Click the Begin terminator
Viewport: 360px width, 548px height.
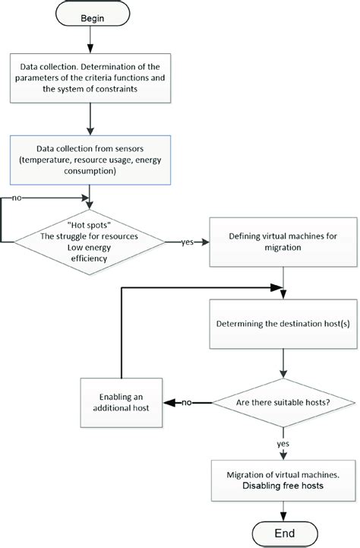click(93, 14)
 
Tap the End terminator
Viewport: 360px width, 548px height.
click(285, 534)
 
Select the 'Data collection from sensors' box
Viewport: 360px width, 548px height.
click(90, 160)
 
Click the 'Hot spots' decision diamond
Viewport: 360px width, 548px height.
click(90, 242)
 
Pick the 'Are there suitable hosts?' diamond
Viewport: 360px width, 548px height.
click(283, 403)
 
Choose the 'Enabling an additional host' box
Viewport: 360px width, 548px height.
click(122, 403)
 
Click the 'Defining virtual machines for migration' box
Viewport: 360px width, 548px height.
click(283, 242)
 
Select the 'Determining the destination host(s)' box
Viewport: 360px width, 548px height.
click(283, 324)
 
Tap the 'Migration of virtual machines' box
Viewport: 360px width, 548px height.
click(283, 480)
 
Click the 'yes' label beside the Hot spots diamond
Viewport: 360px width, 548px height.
click(188, 242)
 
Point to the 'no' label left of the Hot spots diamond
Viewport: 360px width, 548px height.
click(17, 198)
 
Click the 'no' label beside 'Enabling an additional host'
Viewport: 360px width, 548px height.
click(187, 403)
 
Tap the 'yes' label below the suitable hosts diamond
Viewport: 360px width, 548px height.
click(283, 444)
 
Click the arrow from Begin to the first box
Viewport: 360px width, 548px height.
click(90, 40)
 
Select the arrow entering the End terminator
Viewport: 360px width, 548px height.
click(283, 512)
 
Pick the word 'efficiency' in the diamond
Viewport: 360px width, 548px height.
click(89, 258)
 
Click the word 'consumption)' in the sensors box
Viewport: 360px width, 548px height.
click(90, 171)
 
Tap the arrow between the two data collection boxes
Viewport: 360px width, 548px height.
click(90, 119)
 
